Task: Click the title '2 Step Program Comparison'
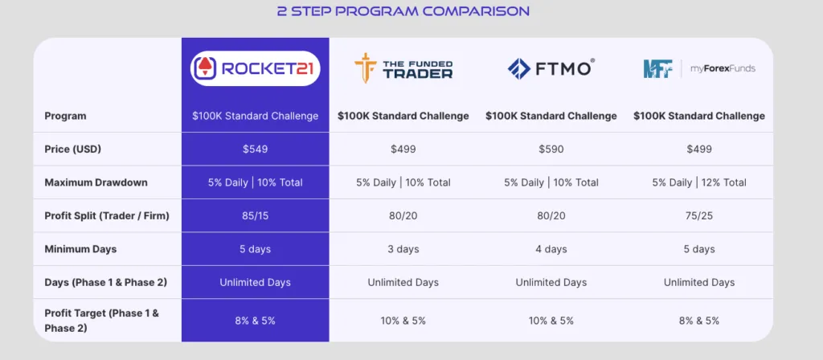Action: [x=403, y=11]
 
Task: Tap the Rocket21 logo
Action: [x=255, y=69]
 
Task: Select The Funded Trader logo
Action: [x=403, y=69]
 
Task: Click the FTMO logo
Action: [x=551, y=69]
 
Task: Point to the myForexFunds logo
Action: [x=699, y=69]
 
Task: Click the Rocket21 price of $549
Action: [x=255, y=149]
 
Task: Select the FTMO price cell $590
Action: [x=551, y=149]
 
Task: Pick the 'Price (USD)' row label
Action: [x=73, y=149]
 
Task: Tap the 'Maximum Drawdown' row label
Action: [x=96, y=182]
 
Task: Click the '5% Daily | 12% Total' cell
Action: [x=699, y=182]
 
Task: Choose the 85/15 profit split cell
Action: [x=255, y=215]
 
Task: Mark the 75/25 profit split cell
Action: [x=699, y=215]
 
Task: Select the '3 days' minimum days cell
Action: [x=403, y=249]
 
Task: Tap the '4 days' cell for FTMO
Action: [x=551, y=249]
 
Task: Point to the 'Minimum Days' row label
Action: [x=81, y=249]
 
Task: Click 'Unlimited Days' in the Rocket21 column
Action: [x=255, y=282]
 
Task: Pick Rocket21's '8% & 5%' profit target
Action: [x=255, y=321]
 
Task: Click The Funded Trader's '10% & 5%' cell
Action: [x=403, y=321]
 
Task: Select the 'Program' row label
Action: [x=66, y=116]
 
